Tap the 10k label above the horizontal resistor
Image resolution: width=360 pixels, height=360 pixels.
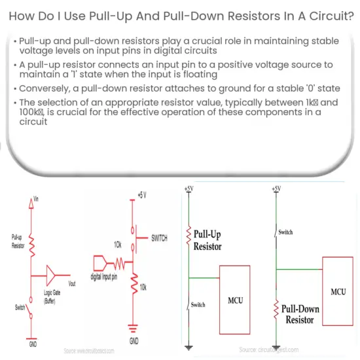click(118, 244)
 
